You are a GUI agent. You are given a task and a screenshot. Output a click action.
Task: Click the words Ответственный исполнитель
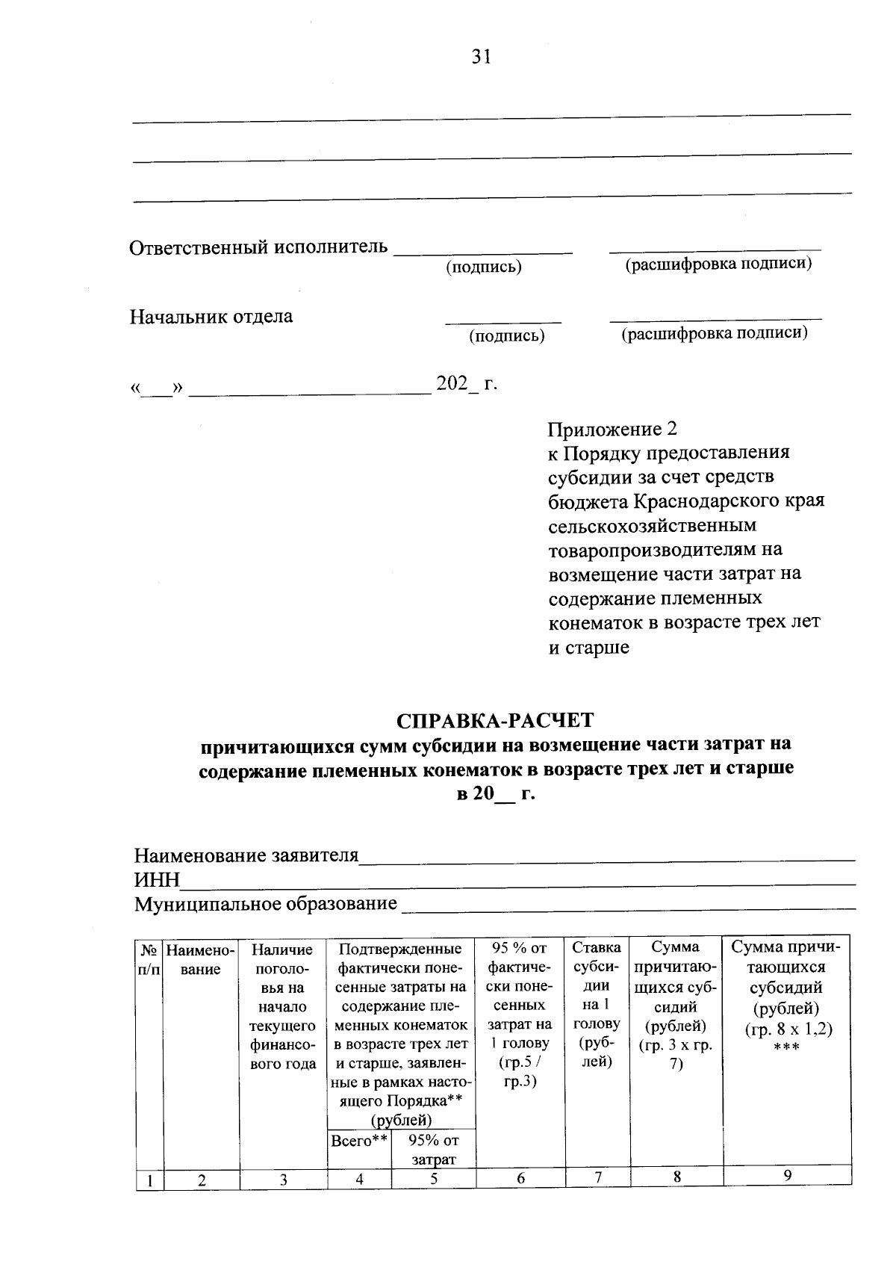tap(259, 247)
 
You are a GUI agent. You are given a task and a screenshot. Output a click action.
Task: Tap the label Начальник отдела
tap(211, 316)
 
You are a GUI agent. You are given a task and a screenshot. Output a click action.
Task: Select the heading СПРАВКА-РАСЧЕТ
tap(495, 720)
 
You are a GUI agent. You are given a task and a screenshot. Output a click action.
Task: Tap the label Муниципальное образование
tap(265, 904)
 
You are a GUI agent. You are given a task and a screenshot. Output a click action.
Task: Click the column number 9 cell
tap(787, 1175)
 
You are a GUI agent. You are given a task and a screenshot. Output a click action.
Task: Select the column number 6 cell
tap(520, 1177)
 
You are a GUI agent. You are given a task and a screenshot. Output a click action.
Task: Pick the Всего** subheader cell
tap(359, 1141)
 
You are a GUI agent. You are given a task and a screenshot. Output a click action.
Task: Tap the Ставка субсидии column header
tap(597, 1004)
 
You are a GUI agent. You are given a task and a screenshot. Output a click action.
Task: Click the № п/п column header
tap(150, 959)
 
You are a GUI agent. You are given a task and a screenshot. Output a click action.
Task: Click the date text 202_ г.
tap(466, 384)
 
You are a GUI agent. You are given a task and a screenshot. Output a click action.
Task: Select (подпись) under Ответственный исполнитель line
tap(484, 267)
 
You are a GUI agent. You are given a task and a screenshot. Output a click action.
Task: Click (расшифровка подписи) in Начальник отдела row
tap(715, 333)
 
